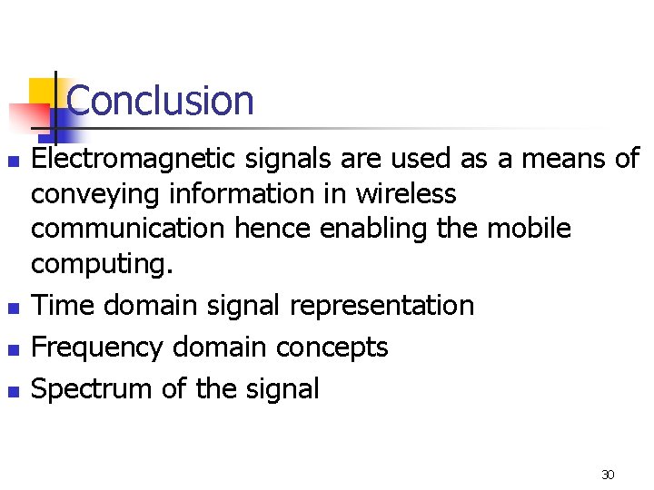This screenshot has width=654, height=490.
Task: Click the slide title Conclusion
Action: pos(161,101)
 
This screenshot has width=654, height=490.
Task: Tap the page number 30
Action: pos(608,475)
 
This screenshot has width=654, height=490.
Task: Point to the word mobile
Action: pos(529,228)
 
